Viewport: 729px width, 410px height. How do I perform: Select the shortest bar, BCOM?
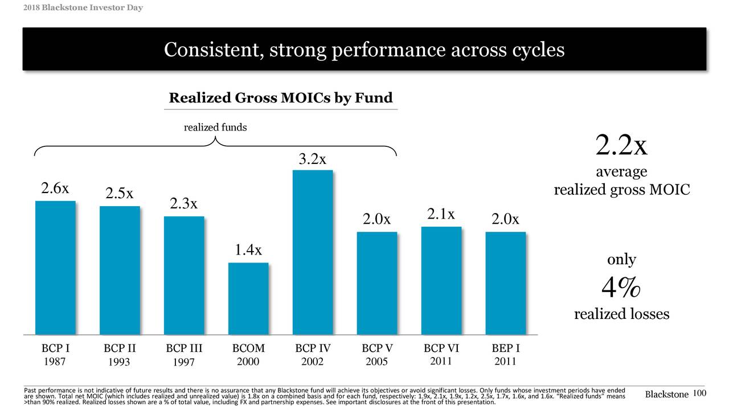[x=248, y=298]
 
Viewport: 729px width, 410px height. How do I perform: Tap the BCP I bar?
[x=55, y=268]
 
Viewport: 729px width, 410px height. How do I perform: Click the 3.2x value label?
[x=313, y=159]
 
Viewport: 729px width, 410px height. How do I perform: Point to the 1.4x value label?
[x=248, y=250]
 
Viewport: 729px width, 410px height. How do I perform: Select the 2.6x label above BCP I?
[x=55, y=189]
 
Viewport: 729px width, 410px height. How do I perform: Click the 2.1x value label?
[x=441, y=214]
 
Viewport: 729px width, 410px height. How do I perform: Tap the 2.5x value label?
[x=120, y=194]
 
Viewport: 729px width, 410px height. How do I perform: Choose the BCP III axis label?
[x=184, y=348]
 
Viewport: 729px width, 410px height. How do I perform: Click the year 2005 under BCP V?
[x=377, y=362]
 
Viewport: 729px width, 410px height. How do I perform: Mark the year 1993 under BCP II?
[x=120, y=362]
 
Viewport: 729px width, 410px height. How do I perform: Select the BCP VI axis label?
[x=441, y=348]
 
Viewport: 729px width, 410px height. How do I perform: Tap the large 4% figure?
[x=621, y=289]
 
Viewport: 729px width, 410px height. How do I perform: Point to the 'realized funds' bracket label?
[x=215, y=128]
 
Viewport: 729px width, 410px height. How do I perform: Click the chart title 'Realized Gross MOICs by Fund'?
[x=281, y=99]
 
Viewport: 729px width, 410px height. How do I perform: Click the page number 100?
[x=700, y=393]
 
